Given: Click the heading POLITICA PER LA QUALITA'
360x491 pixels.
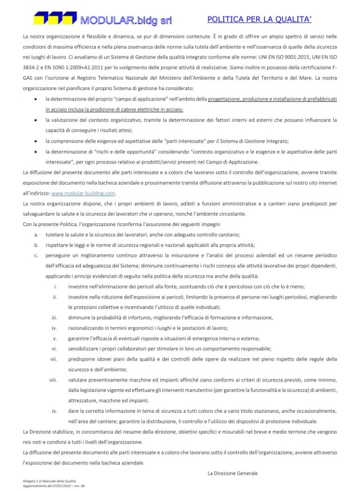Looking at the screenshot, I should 260,19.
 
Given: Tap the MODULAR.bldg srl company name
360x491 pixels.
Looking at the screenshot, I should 126,20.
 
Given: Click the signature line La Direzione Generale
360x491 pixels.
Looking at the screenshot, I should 233,473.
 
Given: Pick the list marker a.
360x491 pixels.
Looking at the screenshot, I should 36,234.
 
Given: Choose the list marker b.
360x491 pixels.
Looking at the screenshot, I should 36,245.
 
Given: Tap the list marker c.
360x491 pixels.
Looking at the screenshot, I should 36,256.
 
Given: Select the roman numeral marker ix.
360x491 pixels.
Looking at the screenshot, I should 54,411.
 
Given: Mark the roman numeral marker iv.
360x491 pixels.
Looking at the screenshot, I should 54,328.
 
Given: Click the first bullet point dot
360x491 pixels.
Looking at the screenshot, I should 36,99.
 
